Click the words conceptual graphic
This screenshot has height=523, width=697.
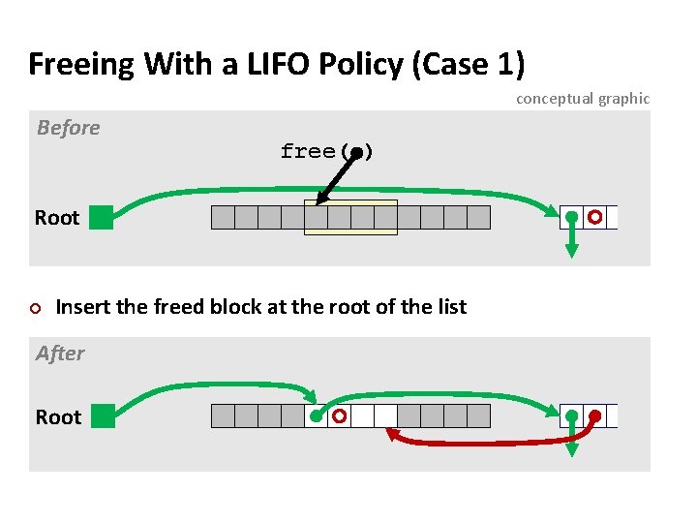pos(582,98)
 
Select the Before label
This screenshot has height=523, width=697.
pos(68,128)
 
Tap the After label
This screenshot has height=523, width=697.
pos(60,354)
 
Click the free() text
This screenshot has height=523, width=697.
pos(326,151)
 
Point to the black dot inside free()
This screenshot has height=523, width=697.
pos(356,152)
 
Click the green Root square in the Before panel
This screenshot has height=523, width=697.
pos(101,217)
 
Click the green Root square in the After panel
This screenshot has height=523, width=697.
pos(101,416)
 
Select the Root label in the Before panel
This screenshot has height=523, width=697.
pos(57,218)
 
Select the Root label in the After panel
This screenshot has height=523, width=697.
pos(58,417)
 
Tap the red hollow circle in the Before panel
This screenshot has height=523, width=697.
pos(595,217)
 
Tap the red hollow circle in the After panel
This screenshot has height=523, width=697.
pos(339,416)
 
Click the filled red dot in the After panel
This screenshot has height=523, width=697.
pos(595,416)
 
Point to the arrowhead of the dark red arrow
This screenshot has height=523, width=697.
pos(393,436)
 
